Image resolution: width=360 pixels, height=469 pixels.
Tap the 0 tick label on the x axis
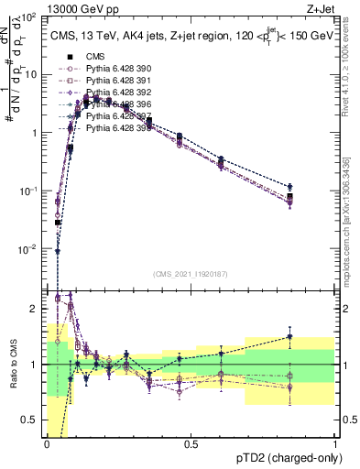coord(47,444)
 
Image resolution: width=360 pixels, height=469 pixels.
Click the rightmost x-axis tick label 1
coord(335,444)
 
